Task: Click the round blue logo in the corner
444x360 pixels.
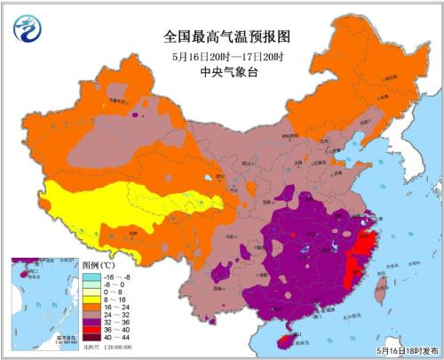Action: pyautogui.click(x=28, y=29)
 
